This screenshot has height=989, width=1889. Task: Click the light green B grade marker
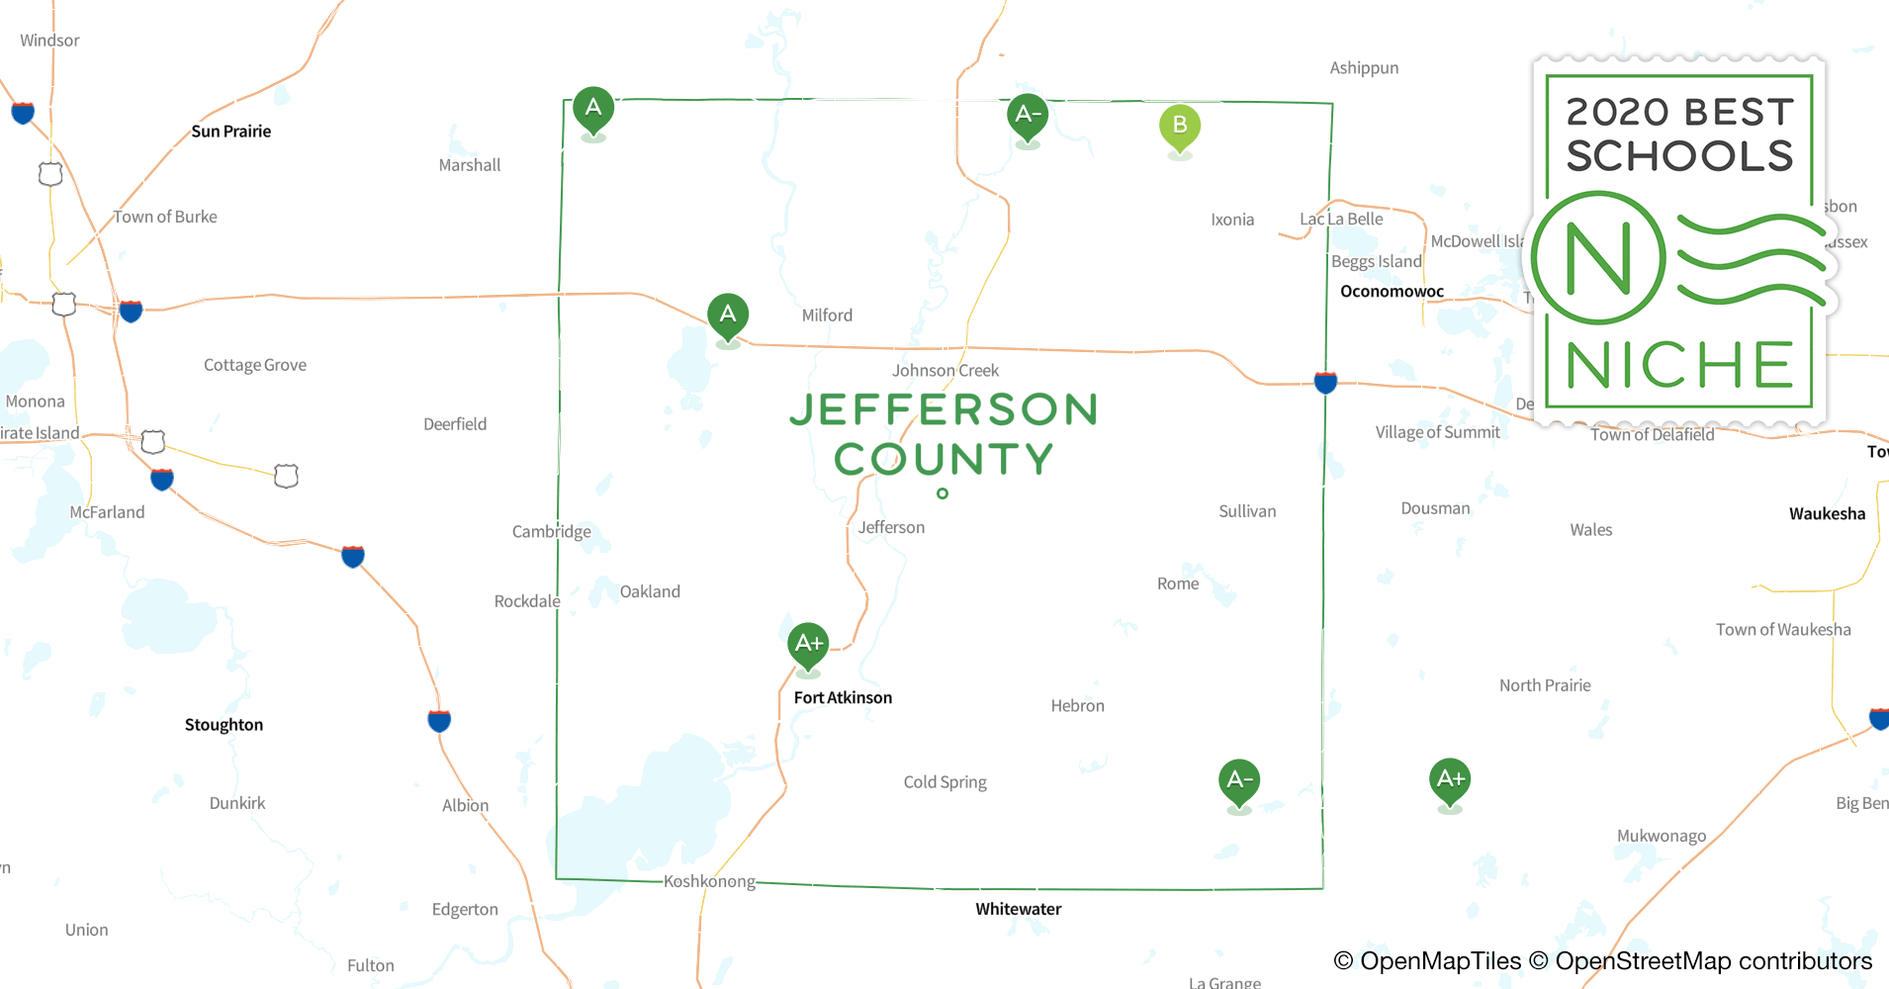tap(1179, 126)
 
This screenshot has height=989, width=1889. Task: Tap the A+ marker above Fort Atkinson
tap(808, 644)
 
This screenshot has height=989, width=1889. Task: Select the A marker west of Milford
tap(728, 315)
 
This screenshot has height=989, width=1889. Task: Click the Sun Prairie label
tap(230, 132)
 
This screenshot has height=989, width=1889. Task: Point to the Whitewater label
tap(1018, 909)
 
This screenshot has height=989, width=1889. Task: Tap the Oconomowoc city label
tap(1392, 291)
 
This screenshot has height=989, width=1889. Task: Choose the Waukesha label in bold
tap(1827, 513)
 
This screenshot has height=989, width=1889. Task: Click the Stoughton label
tap(224, 724)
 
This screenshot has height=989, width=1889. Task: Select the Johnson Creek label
tap(944, 370)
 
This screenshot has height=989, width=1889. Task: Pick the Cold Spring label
tap(944, 782)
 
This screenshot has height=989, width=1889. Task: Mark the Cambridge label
tap(551, 531)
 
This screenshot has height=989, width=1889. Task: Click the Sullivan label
tap(1247, 511)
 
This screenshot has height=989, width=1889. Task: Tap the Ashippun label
tap(1364, 67)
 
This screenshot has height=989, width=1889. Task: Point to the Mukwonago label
tap(1661, 836)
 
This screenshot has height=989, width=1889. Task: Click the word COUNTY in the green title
tap(944, 459)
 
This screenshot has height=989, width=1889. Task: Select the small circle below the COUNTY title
tap(943, 493)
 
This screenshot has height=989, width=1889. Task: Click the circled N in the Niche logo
tap(1598, 258)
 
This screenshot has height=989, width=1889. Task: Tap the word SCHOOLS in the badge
tap(1679, 155)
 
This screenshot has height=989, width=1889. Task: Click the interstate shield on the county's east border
tap(1325, 381)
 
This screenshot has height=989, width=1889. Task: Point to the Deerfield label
tap(455, 424)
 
